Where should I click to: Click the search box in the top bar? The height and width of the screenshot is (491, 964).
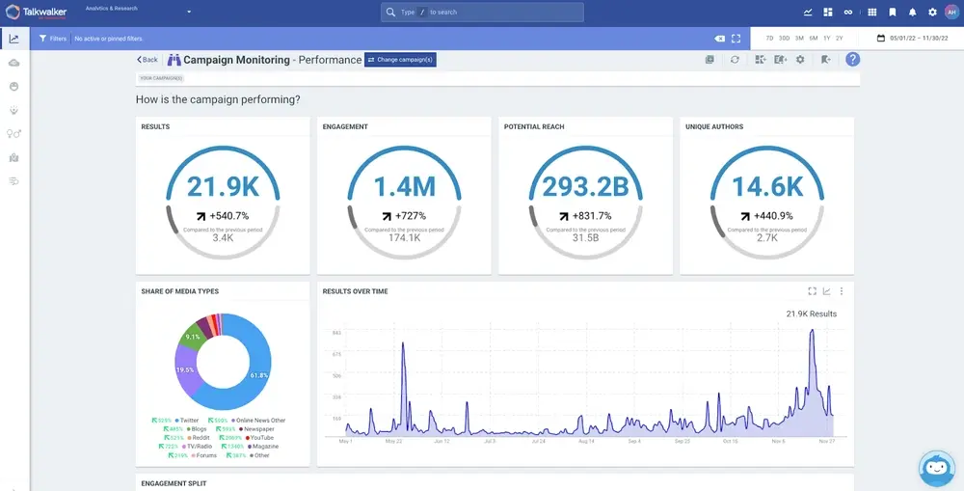482,13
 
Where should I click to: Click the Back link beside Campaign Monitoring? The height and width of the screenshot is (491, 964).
147,60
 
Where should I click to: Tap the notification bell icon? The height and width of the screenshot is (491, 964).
912,13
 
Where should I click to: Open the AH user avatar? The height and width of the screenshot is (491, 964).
951,13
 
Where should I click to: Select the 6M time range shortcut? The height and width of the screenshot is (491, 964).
814,38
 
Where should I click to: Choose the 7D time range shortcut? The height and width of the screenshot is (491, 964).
769,38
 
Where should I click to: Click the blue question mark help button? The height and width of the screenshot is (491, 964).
852,60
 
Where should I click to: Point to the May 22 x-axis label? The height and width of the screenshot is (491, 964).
393,442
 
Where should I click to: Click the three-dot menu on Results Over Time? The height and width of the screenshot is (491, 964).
842,291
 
